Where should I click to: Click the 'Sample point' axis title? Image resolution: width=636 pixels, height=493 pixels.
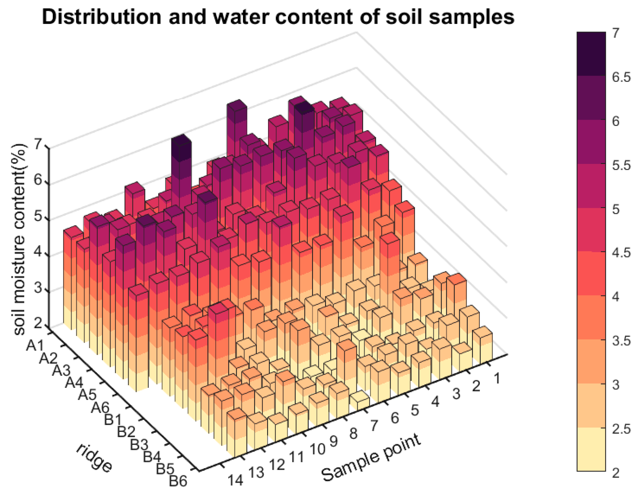pyautogui.click(x=371, y=457)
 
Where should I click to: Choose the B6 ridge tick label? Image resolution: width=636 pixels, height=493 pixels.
pyautogui.click(x=178, y=481)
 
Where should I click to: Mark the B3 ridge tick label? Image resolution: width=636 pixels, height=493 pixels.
pyautogui.click(x=139, y=445)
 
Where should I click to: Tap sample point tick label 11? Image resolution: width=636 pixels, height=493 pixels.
pyautogui.click(x=297, y=457)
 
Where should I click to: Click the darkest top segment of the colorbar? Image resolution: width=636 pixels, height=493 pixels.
pyautogui.click(x=591, y=54)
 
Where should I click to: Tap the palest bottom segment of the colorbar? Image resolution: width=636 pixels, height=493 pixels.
pyautogui.click(x=591, y=449)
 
